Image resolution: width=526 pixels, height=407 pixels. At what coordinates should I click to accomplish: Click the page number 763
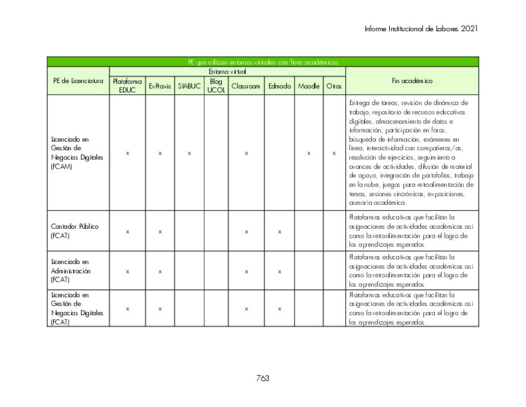263,378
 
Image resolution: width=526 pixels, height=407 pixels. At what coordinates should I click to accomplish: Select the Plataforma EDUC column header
127,86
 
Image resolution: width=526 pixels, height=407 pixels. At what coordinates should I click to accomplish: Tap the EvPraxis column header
160,86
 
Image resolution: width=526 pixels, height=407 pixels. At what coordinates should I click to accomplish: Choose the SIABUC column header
189,86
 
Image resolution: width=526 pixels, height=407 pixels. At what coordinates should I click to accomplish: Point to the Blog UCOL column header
216,86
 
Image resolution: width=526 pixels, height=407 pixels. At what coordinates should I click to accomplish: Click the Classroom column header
246,86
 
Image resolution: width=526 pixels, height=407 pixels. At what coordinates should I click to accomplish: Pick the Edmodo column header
279,86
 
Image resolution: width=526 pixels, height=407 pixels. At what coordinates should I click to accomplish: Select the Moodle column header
308,86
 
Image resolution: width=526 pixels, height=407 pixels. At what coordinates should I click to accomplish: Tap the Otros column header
334,86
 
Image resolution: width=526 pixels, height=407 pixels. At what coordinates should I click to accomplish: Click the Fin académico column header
412,81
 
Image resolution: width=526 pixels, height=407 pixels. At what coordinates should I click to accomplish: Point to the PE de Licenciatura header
78,81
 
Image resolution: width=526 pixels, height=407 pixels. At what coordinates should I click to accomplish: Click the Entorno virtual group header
227,71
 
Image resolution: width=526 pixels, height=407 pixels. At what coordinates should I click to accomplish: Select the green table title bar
263,61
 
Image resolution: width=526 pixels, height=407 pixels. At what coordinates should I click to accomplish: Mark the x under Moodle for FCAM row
308,153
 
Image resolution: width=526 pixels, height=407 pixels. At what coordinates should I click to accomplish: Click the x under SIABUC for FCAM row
189,153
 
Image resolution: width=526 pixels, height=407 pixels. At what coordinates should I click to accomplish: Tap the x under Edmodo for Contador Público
279,232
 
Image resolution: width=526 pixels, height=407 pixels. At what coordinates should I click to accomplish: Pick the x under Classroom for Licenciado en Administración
246,272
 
